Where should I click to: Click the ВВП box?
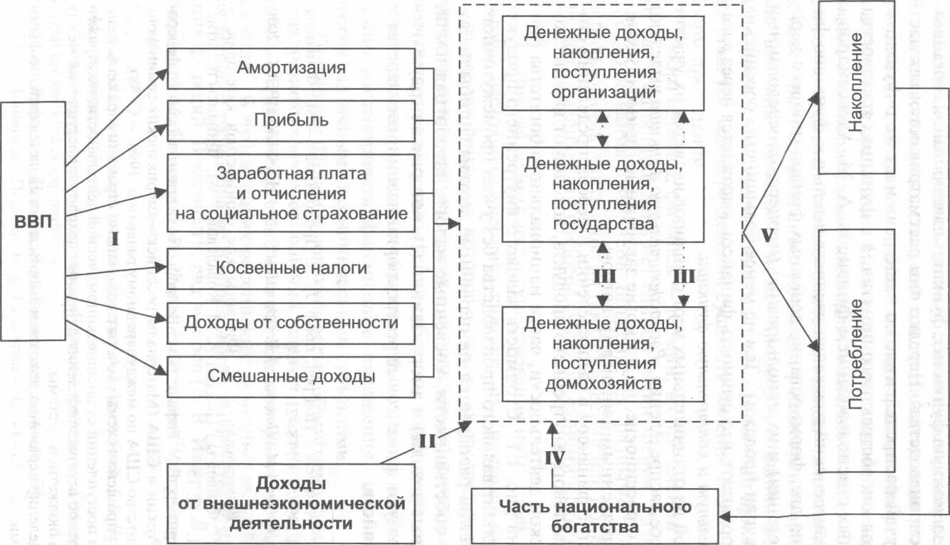(33, 221)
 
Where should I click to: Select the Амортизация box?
(292, 68)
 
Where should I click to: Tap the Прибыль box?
(292, 120)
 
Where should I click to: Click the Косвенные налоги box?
(292, 269)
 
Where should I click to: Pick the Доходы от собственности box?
(292, 323)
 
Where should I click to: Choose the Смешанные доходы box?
(292, 376)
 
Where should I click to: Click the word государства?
(603, 224)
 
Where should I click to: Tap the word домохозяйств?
(603, 383)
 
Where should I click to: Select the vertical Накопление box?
(856, 88)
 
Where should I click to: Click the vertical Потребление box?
(856, 350)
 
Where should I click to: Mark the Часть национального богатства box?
(594, 517)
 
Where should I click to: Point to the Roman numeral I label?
(115, 240)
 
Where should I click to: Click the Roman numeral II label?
(426, 441)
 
